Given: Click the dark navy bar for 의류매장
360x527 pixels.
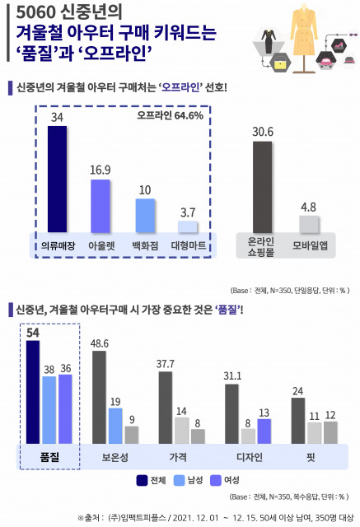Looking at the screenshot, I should (57, 180).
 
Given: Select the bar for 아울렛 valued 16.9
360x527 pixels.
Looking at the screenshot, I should (101, 206).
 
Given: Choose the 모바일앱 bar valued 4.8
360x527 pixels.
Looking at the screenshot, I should (309, 225).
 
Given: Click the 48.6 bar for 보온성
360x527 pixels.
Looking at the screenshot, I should (100, 397).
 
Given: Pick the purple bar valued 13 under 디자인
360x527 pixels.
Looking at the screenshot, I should (264, 431).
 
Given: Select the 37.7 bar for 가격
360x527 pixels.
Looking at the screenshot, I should (166, 408).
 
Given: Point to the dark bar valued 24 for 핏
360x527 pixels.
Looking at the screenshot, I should (298, 421).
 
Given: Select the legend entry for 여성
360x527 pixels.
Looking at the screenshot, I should (226, 481).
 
